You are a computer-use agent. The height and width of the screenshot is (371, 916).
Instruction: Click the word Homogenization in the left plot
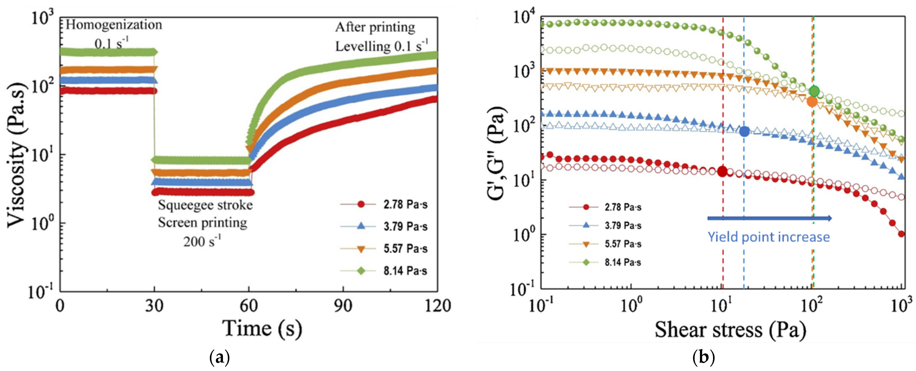[x=114, y=25]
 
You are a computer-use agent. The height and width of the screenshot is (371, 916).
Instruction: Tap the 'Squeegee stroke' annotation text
[x=205, y=205]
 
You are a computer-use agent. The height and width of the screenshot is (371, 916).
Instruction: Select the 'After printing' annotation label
[x=375, y=27]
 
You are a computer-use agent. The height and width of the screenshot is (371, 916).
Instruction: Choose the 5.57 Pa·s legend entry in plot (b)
[x=623, y=244]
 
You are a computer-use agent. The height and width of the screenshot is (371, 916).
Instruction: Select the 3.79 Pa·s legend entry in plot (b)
[x=623, y=225]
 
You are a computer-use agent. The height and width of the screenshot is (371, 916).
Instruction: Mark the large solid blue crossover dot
[x=744, y=131]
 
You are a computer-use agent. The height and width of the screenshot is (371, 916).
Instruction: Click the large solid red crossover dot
[x=722, y=171]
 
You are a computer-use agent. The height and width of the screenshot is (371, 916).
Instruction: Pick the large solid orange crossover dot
[x=812, y=101]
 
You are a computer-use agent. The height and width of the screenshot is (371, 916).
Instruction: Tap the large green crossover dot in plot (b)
[x=814, y=91]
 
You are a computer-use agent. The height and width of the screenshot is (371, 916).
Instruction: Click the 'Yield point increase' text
[x=768, y=237]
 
